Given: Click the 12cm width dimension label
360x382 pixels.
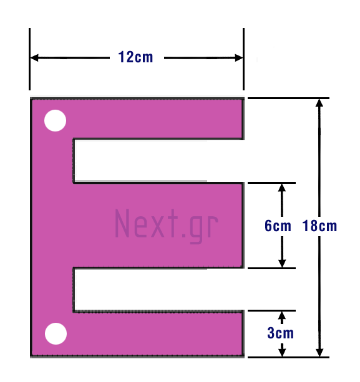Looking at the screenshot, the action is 135,57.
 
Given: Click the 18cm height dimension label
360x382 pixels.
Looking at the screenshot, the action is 319,226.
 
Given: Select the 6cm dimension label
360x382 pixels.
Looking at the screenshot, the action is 278,226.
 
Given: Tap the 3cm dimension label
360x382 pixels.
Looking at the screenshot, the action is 281,333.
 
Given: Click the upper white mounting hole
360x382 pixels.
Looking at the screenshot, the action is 55,121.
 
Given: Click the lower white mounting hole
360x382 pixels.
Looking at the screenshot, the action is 56,334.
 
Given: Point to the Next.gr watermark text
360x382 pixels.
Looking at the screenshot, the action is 167,226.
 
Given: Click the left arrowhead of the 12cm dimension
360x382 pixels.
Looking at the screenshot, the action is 34,58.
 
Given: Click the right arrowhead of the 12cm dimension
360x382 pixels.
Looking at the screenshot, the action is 239,58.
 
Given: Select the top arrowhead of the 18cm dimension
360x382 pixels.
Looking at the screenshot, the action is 319,103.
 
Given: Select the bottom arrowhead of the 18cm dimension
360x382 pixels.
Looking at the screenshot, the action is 319,353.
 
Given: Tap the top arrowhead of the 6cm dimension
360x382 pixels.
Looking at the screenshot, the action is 282,188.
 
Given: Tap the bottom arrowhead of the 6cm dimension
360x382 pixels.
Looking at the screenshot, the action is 282,264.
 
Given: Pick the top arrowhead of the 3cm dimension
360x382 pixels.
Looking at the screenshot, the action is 282,315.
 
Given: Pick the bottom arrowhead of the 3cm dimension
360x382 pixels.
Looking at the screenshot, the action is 282,353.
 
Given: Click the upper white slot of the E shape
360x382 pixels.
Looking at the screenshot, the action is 159,161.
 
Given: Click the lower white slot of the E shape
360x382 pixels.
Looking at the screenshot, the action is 159,289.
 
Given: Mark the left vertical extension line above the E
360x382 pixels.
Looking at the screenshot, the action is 29,59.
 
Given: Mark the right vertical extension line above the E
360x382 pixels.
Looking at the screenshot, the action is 243,59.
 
